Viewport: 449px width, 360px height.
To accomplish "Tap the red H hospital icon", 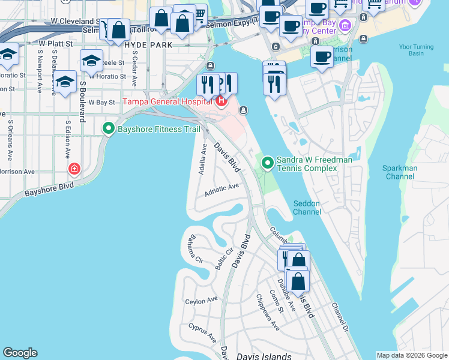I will (x=221, y=101).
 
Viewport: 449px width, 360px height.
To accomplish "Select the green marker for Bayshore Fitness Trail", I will (x=109, y=128).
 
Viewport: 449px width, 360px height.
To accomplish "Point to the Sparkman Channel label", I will (x=400, y=173).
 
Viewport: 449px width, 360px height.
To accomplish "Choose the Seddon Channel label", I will (x=307, y=208).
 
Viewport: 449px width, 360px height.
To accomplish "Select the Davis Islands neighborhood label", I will (x=264, y=356).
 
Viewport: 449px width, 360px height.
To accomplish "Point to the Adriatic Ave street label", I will (x=221, y=190).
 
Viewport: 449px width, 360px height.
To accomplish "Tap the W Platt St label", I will (x=55, y=44).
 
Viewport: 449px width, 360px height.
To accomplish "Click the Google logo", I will (x=20, y=353).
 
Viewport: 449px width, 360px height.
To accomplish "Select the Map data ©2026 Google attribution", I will (x=411, y=355).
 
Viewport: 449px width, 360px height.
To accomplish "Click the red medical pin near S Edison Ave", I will (x=74, y=170).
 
